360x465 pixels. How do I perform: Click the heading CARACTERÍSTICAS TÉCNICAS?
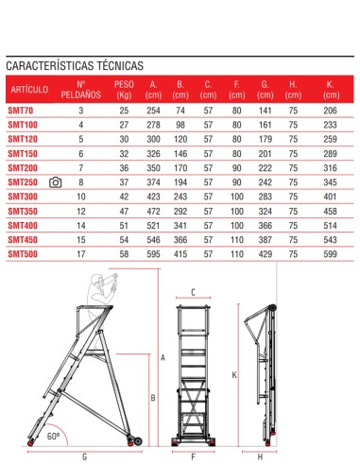coord(75,67)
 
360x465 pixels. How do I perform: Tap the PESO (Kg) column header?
coord(124,90)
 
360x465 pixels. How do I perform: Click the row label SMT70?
coord(22,112)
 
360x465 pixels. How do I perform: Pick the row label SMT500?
coord(24,253)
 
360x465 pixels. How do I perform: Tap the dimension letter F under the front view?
coord(193,455)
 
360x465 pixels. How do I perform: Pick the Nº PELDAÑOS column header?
coord(80,90)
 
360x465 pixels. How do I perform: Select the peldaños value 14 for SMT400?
coord(80,225)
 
